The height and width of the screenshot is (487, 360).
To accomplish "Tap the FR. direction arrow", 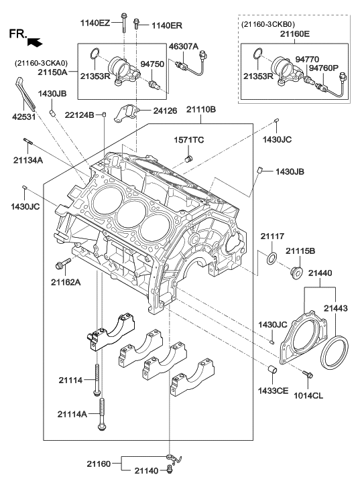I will point(36,42).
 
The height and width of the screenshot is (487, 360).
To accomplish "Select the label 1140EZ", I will point(95,23).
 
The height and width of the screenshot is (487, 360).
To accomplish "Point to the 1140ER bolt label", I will point(166,25).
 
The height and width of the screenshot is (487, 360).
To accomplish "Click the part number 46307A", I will point(183,47).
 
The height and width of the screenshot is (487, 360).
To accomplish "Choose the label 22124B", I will point(79,115).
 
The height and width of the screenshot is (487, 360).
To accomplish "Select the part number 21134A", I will point(27,160).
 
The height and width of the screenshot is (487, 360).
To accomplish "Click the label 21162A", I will point(66,282).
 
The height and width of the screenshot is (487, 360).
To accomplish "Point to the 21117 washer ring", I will point(272,259).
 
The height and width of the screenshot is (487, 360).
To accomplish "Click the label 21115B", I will point(301,251).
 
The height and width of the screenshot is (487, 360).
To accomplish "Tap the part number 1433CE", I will point(273,389).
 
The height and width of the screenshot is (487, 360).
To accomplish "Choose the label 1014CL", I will point(308,396).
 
